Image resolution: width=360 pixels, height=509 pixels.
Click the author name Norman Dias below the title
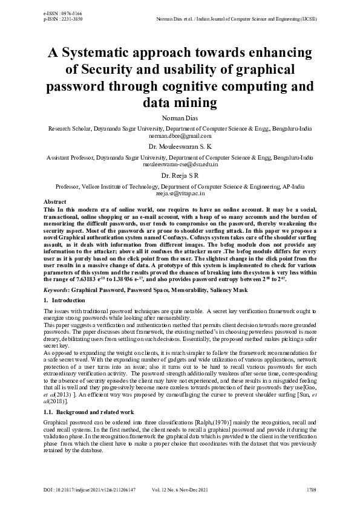click(180, 118)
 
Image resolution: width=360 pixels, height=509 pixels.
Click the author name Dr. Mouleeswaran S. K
click(180, 146)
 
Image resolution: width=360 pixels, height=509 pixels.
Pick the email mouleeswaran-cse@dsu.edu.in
click(180, 164)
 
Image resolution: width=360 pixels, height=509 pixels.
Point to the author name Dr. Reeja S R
click(180, 175)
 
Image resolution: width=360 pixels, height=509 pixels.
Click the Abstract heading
click(56, 201)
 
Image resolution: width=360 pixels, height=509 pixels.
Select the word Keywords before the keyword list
click(56, 290)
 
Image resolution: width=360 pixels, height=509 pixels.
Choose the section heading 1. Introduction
click(61, 300)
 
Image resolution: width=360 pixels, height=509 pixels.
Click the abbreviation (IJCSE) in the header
click(308, 19)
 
